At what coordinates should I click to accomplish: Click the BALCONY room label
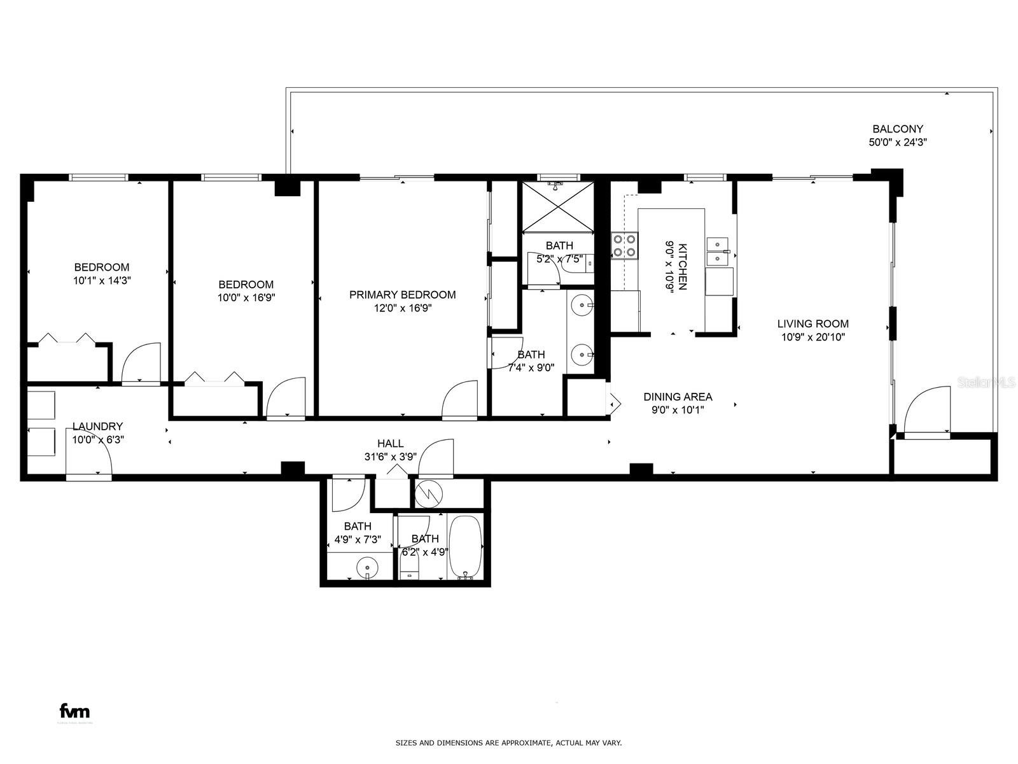point(897,129)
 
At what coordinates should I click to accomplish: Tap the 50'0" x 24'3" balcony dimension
point(897,143)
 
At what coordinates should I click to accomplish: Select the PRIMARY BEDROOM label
point(402,295)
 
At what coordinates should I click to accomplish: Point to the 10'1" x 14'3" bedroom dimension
point(102,281)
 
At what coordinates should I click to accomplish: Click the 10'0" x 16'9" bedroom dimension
point(246,297)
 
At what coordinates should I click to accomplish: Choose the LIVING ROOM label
point(813,324)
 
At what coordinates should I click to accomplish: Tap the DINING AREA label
point(678,397)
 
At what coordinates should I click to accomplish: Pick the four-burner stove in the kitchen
point(624,246)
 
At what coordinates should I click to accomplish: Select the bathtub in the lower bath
point(465,548)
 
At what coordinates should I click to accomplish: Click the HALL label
point(390,444)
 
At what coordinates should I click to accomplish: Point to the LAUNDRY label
point(97,427)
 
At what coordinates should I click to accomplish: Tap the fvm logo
point(74,711)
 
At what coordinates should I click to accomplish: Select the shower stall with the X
point(558,207)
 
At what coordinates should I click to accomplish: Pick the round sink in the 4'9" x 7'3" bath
point(367,567)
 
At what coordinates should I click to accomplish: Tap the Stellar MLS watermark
point(986,383)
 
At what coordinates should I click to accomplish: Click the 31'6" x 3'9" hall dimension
point(391,457)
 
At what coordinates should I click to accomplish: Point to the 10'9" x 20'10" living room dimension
point(813,337)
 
